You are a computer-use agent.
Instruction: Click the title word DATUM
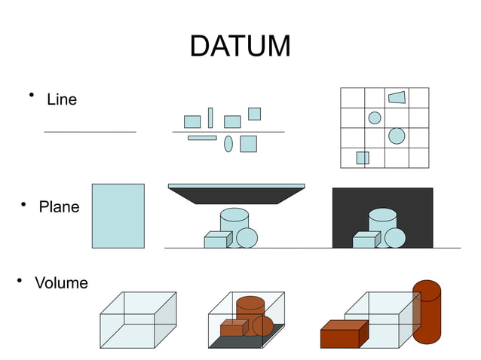(240, 46)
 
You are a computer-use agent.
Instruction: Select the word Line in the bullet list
(61, 99)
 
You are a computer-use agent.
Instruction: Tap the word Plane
(59, 206)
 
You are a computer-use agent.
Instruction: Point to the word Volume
(61, 283)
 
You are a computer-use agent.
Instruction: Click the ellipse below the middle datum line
(228, 144)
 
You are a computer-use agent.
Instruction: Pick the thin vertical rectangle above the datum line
(210, 117)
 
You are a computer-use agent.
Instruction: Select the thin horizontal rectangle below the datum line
(202, 138)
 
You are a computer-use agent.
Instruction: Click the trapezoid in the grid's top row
(397, 97)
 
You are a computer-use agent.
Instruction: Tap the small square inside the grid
(363, 157)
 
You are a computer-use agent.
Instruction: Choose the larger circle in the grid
(397, 136)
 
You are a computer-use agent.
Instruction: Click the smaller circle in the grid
(375, 117)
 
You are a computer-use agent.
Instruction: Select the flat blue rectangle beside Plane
(118, 215)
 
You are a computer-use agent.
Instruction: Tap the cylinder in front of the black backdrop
(383, 221)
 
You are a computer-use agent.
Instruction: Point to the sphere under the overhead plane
(247, 238)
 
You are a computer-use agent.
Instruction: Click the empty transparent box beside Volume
(138, 320)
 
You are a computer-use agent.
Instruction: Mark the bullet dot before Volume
(20, 280)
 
